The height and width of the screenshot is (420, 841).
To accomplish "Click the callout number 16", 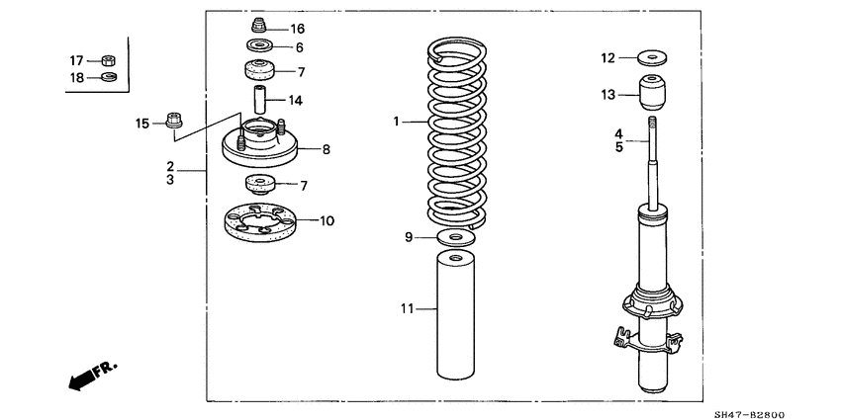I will click(x=298, y=29).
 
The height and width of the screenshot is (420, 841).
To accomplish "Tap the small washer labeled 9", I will click(x=452, y=237).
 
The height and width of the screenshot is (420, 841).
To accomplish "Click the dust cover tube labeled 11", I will click(x=451, y=316).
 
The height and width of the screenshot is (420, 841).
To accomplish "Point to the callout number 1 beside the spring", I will click(x=395, y=122).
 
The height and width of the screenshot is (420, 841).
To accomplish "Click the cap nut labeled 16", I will click(x=261, y=27).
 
